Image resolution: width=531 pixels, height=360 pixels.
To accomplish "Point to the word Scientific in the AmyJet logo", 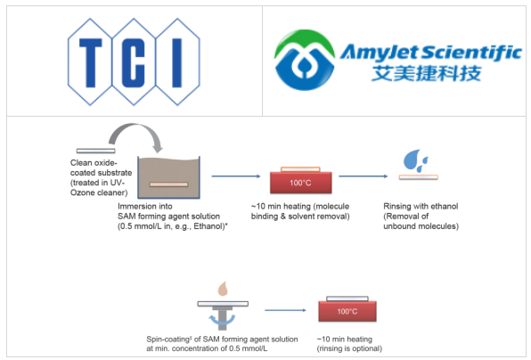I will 471,53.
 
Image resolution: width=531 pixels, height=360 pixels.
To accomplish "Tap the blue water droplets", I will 416,160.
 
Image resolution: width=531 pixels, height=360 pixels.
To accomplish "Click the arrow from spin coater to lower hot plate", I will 284,311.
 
